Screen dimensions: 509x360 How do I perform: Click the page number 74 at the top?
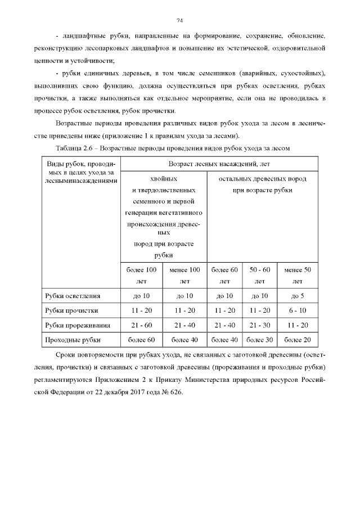(180, 21)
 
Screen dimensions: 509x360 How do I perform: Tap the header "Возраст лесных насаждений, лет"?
(219, 164)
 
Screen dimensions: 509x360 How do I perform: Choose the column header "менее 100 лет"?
(184, 275)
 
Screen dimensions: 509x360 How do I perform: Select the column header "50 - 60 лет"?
(260, 275)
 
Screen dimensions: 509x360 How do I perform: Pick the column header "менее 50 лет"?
(298, 275)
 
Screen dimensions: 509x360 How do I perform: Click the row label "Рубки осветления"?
(73, 296)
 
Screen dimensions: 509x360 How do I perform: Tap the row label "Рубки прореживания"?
(77, 325)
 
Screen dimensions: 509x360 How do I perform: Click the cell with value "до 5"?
(298, 296)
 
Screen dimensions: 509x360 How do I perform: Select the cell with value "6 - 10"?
(298, 310)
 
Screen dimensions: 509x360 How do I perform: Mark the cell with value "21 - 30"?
(260, 325)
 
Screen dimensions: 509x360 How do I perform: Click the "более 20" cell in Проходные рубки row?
(298, 340)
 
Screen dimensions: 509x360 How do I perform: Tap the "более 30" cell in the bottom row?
(260, 340)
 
